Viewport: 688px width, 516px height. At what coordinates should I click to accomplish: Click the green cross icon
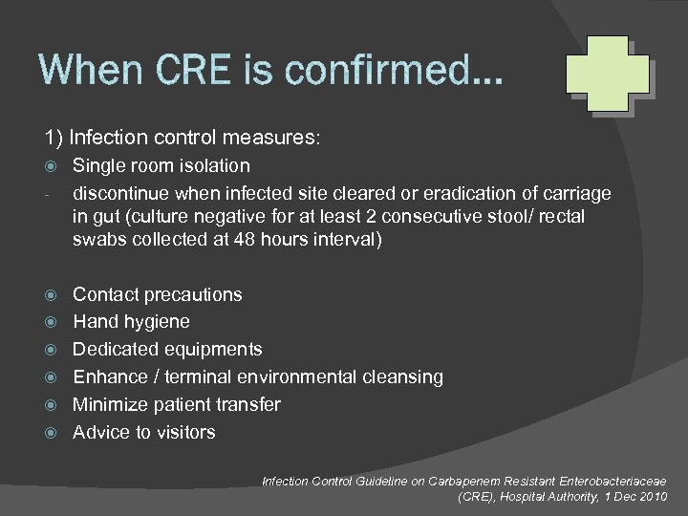click(x=607, y=75)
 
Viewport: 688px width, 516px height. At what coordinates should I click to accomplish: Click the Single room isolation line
click(x=161, y=166)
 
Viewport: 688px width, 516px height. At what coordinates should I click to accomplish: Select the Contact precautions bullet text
click(x=158, y=294)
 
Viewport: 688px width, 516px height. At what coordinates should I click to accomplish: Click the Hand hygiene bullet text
click(x=131, y=322)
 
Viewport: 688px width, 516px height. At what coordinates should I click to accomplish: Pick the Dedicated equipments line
click(x=167, y=350)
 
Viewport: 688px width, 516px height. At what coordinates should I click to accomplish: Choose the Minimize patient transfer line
click(x=177, y=404)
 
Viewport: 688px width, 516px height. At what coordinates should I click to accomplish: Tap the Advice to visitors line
click(x=144, y=432)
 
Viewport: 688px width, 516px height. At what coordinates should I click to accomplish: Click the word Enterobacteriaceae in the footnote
click(x=604, y=482)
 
